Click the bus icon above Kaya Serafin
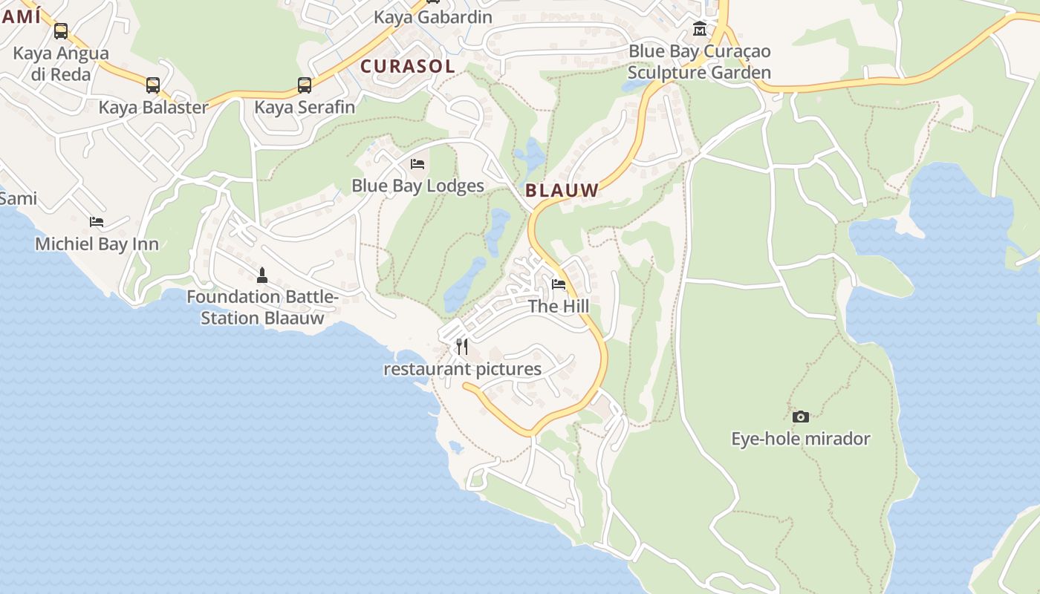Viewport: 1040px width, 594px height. (305, 85)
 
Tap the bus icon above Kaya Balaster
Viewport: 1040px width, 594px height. (153, 85)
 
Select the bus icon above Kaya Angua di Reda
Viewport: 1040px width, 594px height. (61, 31)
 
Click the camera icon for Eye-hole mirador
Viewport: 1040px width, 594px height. (800, 417)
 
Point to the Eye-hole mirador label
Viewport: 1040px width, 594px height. (800, 439)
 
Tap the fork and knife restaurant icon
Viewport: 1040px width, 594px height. (462, 346)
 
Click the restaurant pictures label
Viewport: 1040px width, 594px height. (462, 369)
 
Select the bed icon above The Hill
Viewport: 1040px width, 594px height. (559, 284)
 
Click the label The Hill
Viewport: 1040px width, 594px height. (559, 306)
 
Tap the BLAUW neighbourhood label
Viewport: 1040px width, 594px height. (562, 190)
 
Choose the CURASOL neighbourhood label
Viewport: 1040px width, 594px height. (407, 66)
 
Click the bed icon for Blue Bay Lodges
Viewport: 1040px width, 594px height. (417, 163)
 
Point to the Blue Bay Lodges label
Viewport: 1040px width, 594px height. (417, 186)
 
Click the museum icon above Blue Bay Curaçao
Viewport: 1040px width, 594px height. (699, 29)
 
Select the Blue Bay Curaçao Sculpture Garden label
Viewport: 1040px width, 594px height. (699, 62)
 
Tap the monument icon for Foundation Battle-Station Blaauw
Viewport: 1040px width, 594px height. (261, 275)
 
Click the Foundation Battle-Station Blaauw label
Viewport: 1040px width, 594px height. (262, 307)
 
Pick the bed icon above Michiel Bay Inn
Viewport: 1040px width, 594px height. (97, 221)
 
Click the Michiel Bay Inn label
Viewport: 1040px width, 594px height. (97, 244)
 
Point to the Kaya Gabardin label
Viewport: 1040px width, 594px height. (432, 17)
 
